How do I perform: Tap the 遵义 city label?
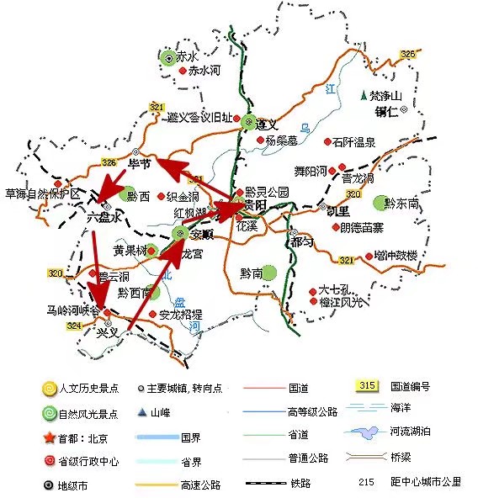pyautogui.click(x=267, y=124)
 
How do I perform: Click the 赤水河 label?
pyautogui.click(x=204, y=72)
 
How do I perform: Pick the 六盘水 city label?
pyautogui.click(x=105, y=216)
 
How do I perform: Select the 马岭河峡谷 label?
pyautogui.click(x=72, y=311)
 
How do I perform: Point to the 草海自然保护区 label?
pyautogui.click(x=41, y=194)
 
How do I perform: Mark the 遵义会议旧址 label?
pyautogui.click(x=199, y=118)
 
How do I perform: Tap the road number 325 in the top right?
pyautogui.click(x=408, y=55)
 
